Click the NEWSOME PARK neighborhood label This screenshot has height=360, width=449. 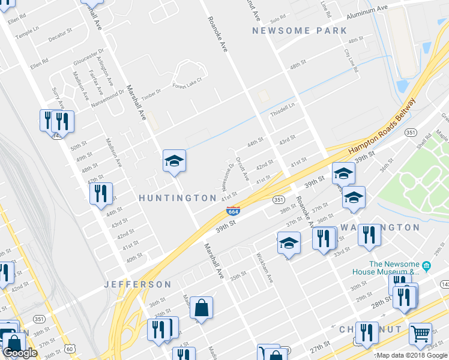[x=300, y=31]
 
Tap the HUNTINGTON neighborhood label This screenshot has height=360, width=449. [x=178, y=198]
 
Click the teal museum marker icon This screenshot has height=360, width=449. [x=426, y=265]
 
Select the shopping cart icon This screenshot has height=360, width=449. [x=420, y=334]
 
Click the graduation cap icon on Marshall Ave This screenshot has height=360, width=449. [x=174, y=161]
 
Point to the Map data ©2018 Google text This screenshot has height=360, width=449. [x=412, y=355]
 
